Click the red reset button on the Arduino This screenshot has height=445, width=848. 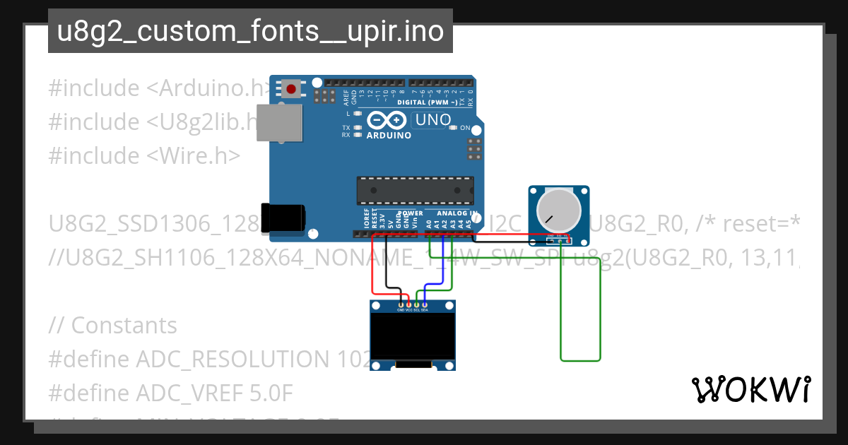[290, 88]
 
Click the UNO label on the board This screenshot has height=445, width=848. [432, 120]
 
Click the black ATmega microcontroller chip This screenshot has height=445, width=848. [414, 189]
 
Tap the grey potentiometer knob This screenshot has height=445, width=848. [558, 209]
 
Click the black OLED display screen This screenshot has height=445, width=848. [413, 337]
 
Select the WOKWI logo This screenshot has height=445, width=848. [751, 389]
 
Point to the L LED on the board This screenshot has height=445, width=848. [358, 114]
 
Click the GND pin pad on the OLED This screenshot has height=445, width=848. [401, 304]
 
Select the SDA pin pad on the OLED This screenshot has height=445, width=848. [424, 304]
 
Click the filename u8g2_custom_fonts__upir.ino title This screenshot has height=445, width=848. [250, 32]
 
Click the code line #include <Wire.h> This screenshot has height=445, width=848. [144, 155]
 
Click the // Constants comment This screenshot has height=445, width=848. [113, 326]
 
